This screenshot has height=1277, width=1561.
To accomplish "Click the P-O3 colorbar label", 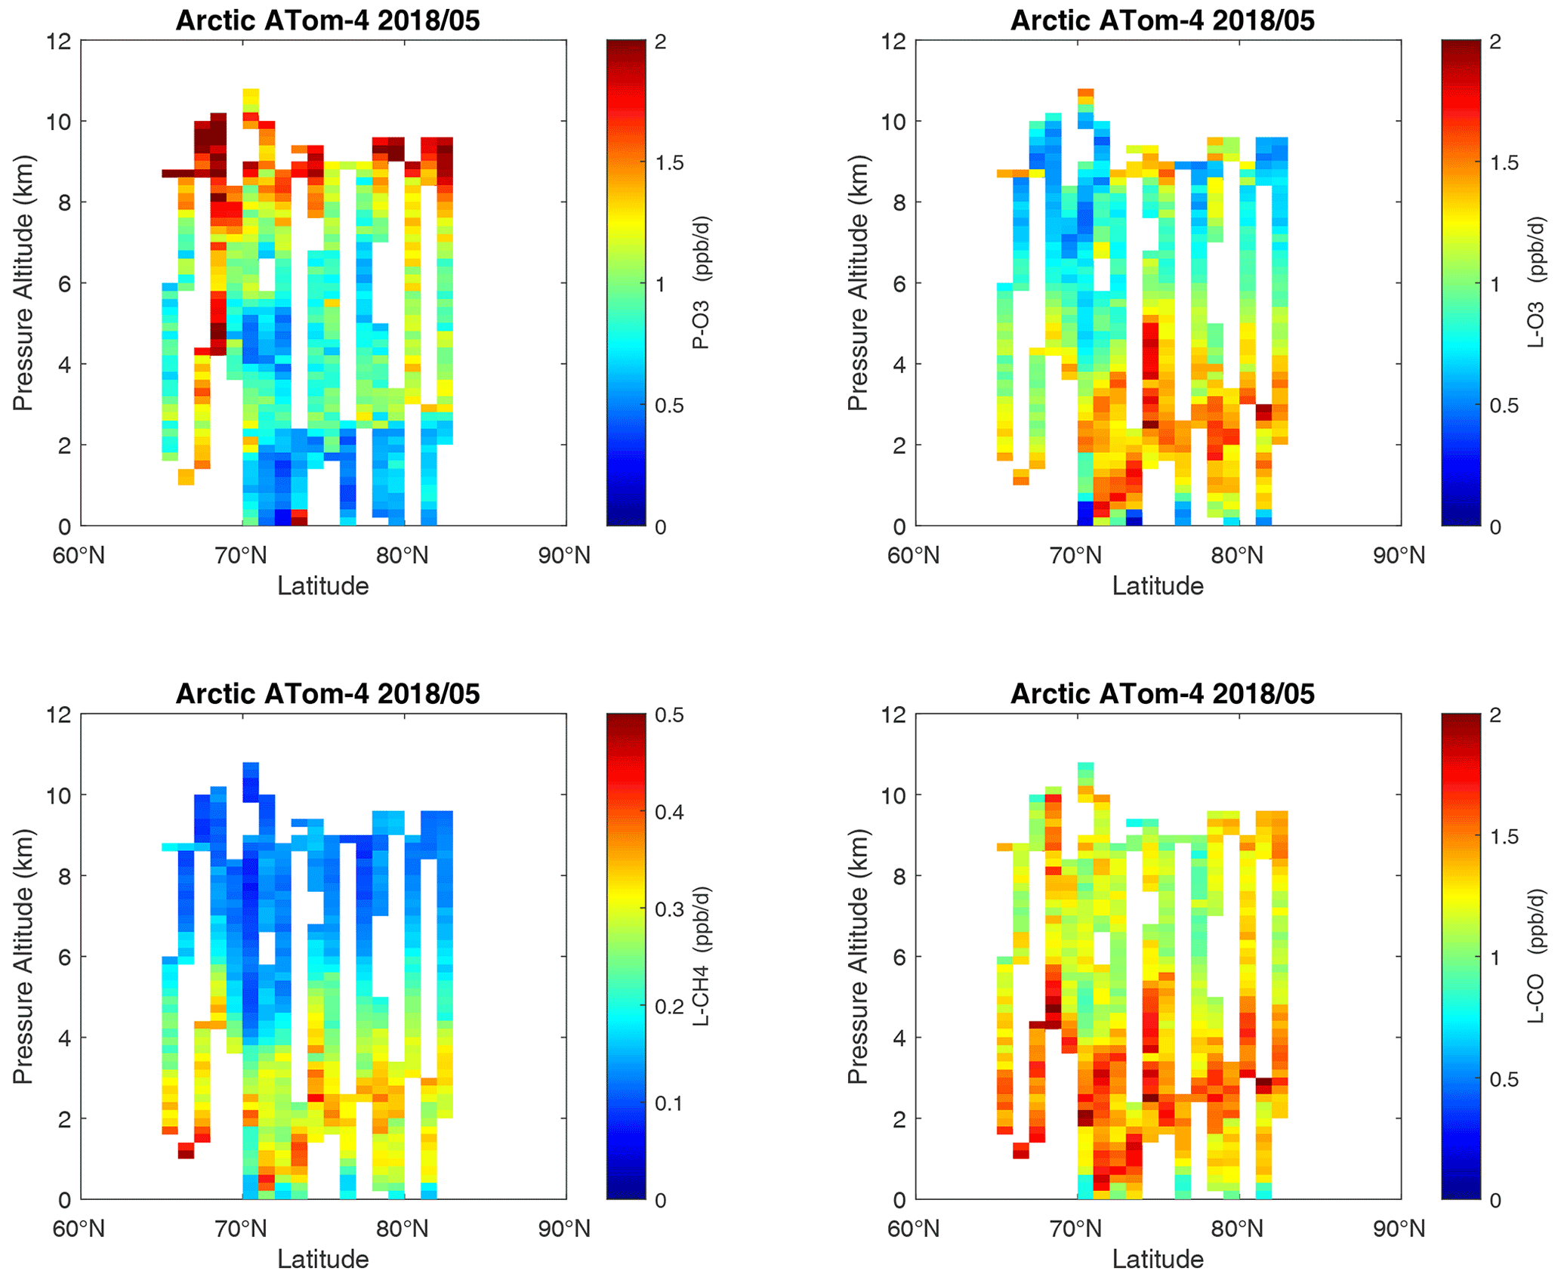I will [x=702, y=283].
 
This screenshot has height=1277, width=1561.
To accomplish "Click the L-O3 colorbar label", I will [x=1536, y=283].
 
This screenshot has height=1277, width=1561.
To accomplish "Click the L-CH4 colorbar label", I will [x=702, y=957].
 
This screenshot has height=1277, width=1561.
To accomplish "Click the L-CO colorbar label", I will [x=1536, y=957].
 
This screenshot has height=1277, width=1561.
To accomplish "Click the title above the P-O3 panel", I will [x=328, y=20].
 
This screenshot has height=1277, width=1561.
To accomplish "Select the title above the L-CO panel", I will [x=1162, y=694].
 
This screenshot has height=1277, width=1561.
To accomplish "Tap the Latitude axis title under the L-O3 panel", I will [x=1158, y=586].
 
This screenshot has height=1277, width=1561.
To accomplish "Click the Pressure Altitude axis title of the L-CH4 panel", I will [x=23, y=957].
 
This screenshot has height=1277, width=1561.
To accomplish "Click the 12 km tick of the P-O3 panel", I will [x=60, y=41].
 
